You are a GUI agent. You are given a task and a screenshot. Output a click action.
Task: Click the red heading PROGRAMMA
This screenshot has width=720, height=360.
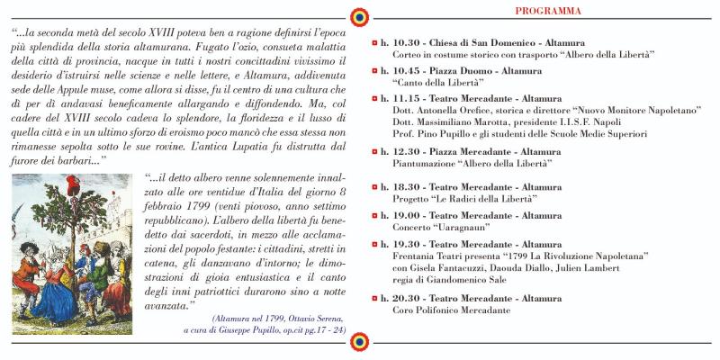(x=547, y=11)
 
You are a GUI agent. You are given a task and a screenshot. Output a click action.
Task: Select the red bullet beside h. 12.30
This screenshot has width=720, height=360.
(x=375, y=154)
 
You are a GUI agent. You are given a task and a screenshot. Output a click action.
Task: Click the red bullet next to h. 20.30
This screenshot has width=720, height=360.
(x=375, y=299)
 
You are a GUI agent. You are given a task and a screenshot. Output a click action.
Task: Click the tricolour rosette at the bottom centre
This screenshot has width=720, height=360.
(x=360, y=343)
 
